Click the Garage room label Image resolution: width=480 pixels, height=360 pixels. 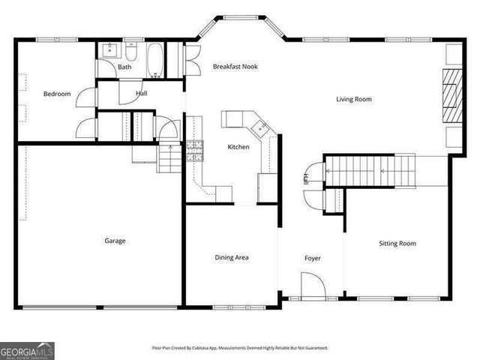(x=115, y=241)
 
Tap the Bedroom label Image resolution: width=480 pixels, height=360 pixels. (x=57, y=94)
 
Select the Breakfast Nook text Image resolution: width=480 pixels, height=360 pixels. (x=235, y=67)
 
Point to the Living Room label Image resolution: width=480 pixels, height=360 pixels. (x=354, y=99)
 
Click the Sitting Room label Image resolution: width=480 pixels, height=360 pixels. (x=397, y=243)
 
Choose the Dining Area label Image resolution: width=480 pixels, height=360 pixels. (x=232, y=257)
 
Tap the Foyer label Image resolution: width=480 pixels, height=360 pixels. (x=312, y=258)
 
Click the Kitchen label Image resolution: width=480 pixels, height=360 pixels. (x=238, y=147)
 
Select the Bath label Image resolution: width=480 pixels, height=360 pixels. (x=124, y=67)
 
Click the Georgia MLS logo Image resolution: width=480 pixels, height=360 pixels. (x=27, y=350)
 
